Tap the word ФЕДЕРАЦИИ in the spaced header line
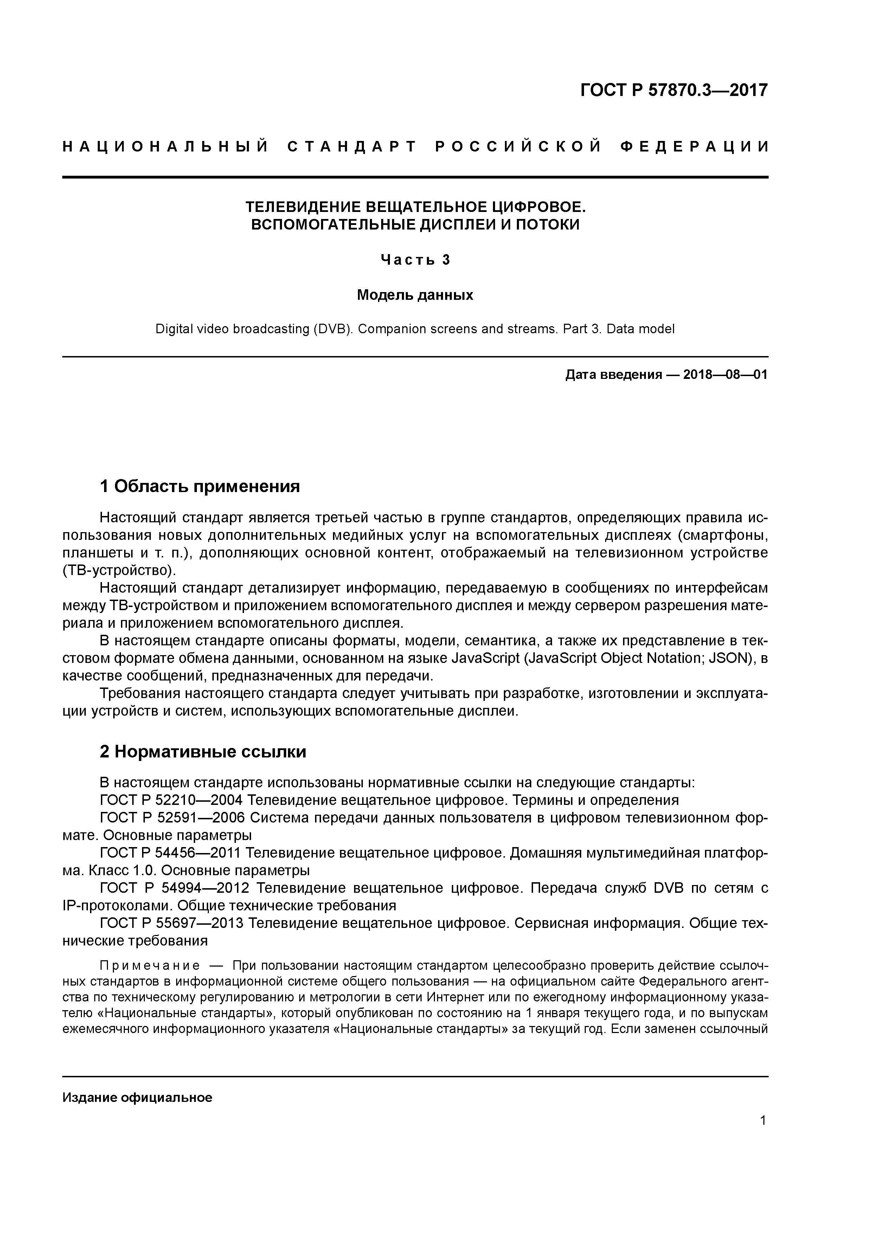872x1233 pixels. pyautogui.click(x=694, y=147)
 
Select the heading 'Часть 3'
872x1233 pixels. pyautogui.click(x=415, y=260)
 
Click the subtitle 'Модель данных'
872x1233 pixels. pyautogui.click(x=415, y=295)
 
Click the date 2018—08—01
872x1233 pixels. pyautogui.click(x=725, y=374)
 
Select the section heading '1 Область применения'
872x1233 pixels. pyautogui.click(x=199, y=486)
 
